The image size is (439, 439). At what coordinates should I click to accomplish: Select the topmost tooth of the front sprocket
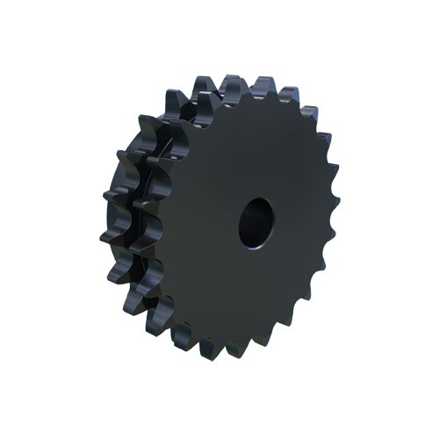click(235, 84)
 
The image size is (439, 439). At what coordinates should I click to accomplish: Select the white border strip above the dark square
click(219, 35)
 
